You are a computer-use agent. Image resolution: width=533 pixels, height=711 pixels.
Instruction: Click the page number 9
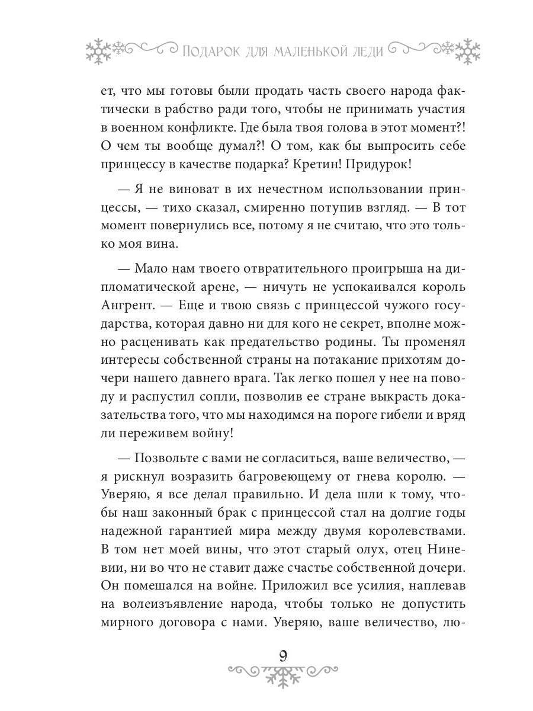coord(282,656)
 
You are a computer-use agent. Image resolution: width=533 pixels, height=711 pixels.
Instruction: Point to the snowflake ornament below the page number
coord(282,675)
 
